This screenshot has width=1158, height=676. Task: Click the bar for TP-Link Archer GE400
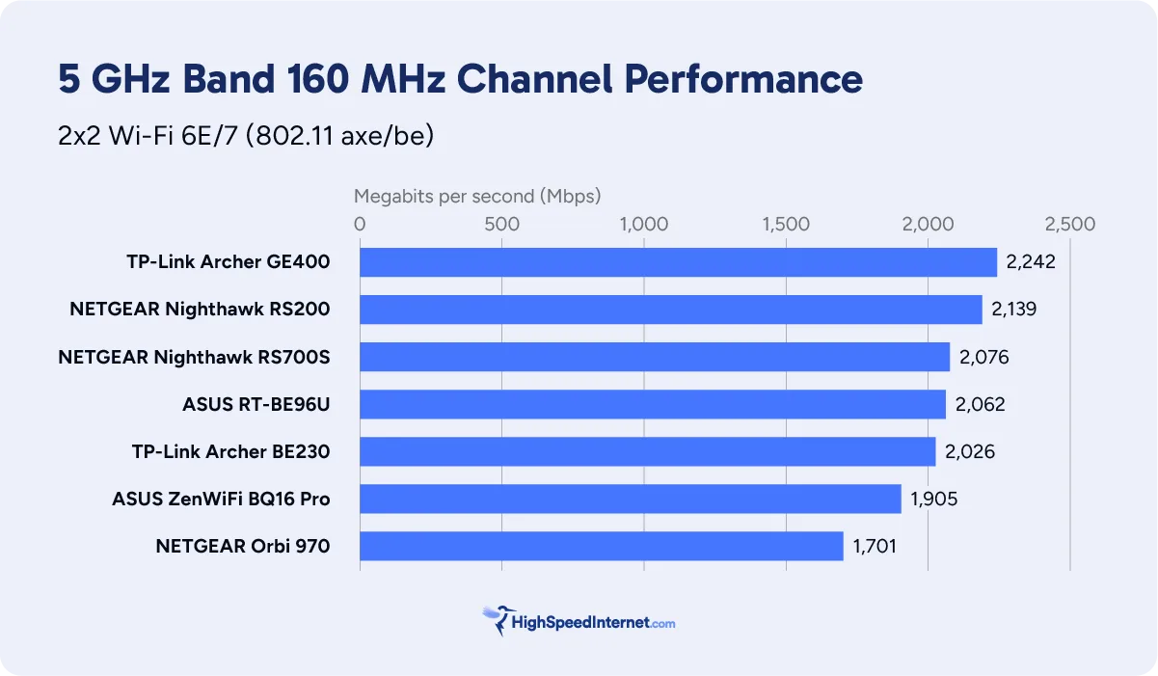tap(678, 262)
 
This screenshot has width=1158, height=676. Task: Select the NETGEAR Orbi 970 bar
tap(601, 546)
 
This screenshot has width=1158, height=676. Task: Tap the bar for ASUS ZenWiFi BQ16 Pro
tap(630, 499)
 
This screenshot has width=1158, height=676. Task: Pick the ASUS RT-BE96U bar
tap(652, 404)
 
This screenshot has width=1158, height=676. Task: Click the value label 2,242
tap(1031, 262)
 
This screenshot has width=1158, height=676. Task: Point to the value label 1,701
tap(875, 547)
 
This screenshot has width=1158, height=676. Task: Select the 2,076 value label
tap(983, 357)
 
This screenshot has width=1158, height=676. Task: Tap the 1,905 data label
tap(933, 500)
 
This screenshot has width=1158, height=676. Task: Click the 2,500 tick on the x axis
tap(1069, 225)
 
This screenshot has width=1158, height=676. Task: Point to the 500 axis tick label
tap(501, 225)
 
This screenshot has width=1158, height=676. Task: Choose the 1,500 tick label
tap(785, 225)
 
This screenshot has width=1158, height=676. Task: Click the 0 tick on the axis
tap(360, 225)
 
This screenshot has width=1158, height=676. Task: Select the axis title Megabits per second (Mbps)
tap(477, 197)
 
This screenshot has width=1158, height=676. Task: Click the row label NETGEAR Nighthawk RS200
tap(200, 310)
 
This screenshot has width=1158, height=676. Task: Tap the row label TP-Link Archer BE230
tap(230, 451)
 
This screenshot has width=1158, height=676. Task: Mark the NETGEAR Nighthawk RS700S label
tap(194, 357)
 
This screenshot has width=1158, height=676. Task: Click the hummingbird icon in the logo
tap(498, 620)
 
